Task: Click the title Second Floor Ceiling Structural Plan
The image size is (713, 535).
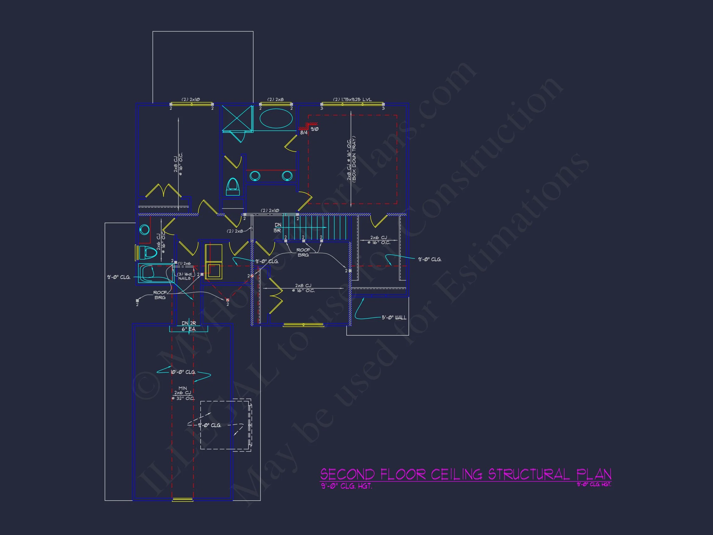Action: [465, 474]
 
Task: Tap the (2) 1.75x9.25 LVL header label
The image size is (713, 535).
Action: [352, 100]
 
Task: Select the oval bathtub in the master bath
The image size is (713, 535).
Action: [276, 119]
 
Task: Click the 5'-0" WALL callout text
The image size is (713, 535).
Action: [394, 318]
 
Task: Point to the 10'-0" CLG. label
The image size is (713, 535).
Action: [183, 372]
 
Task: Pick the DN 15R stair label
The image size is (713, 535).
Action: [278, 228]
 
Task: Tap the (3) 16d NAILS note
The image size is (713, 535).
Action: [184, 276]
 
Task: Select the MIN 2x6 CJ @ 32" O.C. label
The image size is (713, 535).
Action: [183, 393]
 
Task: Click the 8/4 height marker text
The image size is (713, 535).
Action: [304, 133]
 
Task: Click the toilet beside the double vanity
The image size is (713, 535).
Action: [233, 187]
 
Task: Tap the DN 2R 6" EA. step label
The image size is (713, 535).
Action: [189, 326]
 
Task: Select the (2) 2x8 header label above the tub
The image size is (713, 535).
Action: [275, 100]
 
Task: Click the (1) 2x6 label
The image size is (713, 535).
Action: [184, 263]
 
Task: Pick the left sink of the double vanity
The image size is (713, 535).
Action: [255, 176]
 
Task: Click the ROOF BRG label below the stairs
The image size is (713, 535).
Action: [303, 252]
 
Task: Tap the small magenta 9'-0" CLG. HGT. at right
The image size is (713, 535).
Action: [594, 484]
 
